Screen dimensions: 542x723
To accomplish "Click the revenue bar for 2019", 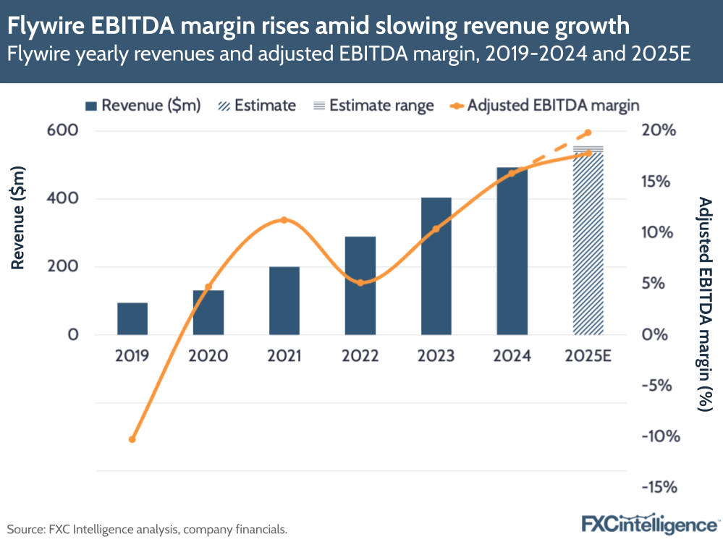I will [x=132, y=319].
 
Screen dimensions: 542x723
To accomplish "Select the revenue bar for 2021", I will [x=284, y=301].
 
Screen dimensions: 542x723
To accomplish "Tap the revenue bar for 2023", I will [x=436, y=266].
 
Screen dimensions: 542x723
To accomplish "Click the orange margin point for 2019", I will [x=132, y=439].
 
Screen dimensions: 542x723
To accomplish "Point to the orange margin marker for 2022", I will [x=360, y=282].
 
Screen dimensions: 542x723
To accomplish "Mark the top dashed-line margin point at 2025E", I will [x=588, y=132].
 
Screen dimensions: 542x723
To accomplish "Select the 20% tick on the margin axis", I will [x=659, y=131].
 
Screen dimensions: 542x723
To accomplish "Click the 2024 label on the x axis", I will [x=512, y=356].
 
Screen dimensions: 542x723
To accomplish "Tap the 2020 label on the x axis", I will [x=208, y=356].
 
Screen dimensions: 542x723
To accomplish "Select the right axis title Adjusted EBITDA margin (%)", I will [x=704, y=304].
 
